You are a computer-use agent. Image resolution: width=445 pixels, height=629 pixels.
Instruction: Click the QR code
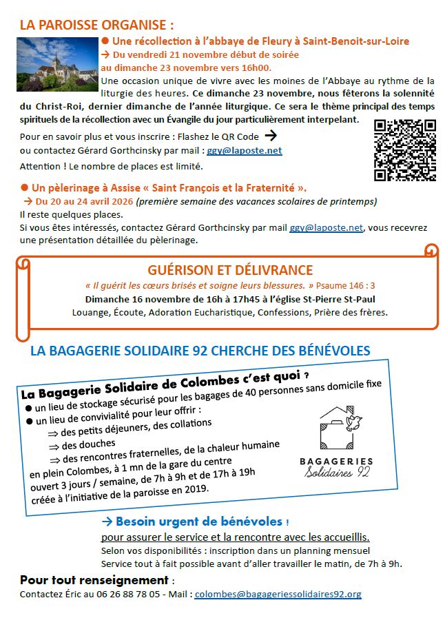405,150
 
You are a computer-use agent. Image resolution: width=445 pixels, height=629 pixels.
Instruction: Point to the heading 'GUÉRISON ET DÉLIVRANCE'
230,270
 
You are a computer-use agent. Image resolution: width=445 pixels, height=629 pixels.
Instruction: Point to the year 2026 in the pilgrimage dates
120,202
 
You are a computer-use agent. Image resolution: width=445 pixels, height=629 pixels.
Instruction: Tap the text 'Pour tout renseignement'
94,579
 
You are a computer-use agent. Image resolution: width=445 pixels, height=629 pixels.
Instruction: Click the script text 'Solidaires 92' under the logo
337,473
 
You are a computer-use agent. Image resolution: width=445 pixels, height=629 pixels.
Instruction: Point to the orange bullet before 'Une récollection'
105,41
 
